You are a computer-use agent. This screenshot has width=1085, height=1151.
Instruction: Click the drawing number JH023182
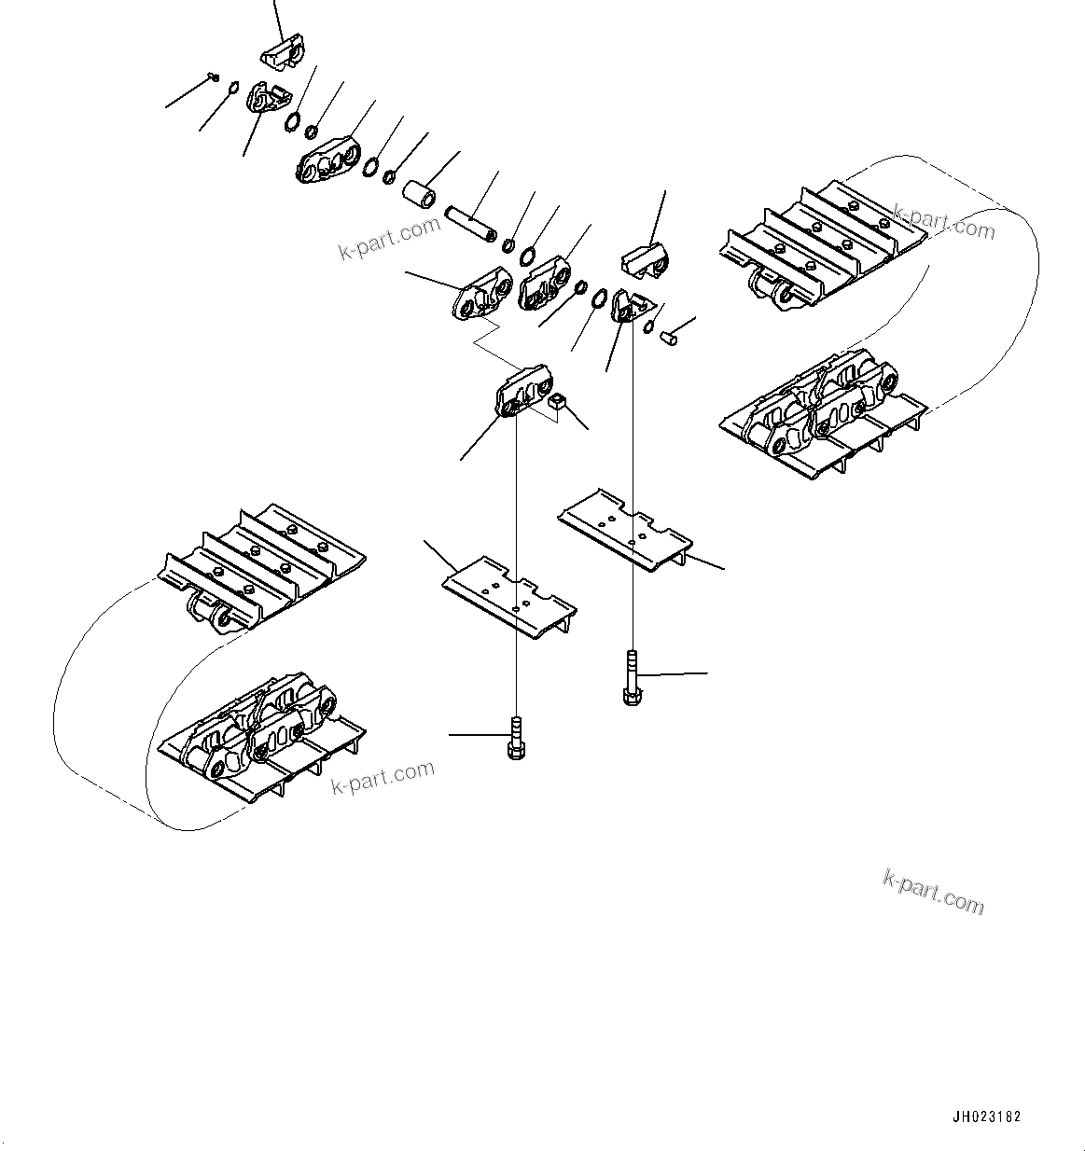coord(987,1116)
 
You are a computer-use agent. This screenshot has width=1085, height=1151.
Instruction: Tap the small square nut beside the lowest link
coord(559,403)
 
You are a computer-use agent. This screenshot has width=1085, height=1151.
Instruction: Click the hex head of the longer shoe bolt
coord(632,694)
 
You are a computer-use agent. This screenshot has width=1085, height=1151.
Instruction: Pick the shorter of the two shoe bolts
coord(514,737)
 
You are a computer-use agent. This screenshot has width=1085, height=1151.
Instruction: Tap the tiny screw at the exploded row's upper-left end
coord(214,79)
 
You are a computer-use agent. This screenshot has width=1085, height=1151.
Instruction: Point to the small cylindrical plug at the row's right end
coord(667,334)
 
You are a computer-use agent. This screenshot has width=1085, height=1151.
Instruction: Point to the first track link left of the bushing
coord(327,162)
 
